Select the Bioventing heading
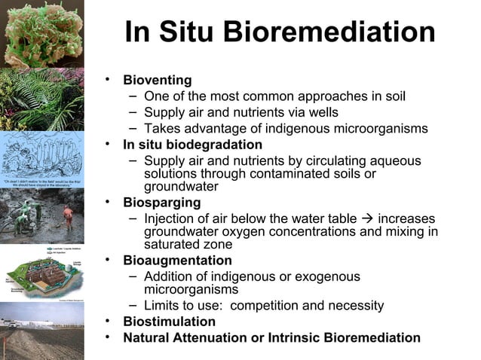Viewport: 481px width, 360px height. [x=158, y=80]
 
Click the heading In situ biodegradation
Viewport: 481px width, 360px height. [x=193, y=145]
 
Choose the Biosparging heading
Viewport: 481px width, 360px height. [x=162, y=203]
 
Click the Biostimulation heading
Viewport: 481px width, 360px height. [x=170, y=322]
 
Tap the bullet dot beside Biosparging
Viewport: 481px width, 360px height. [x=109, y=202]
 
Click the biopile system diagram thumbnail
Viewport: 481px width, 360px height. [x=41, y=275]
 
